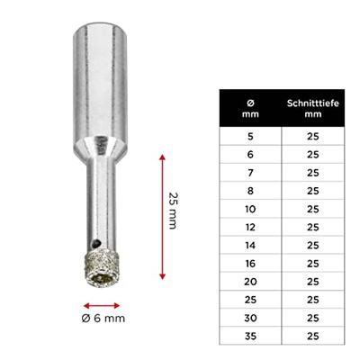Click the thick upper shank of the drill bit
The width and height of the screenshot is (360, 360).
pos(96,81)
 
